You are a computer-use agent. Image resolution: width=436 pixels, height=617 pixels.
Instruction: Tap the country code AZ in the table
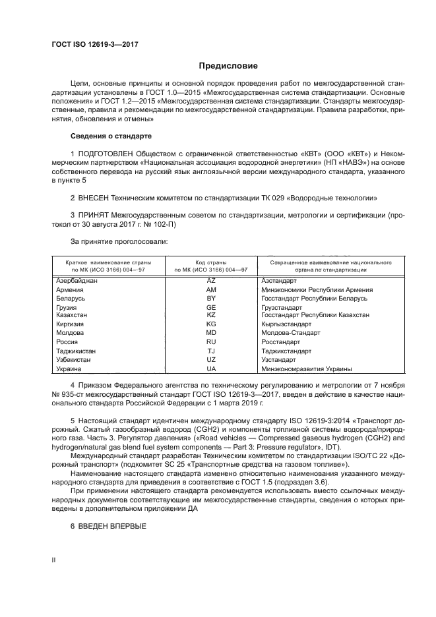[x=211, y=281]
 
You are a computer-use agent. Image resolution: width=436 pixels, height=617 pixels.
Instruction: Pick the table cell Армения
[x=70, y=289]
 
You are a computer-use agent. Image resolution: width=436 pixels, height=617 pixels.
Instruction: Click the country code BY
[x=211, y=299]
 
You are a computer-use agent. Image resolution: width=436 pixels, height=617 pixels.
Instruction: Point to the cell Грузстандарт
[x=282, y=307]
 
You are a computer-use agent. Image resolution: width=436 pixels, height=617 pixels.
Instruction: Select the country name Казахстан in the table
[x=73, y=316]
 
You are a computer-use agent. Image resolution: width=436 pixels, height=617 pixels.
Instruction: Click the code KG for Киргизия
[x=211, y=325]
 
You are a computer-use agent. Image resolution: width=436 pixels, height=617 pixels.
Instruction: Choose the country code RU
[x=211, y=343]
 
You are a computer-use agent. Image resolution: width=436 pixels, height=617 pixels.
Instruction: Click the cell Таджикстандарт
[x=288, y=351]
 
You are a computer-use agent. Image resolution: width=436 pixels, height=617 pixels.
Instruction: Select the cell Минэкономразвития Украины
[x=306, y=369]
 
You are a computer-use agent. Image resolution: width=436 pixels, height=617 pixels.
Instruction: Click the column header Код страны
[x=211, y=262]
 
